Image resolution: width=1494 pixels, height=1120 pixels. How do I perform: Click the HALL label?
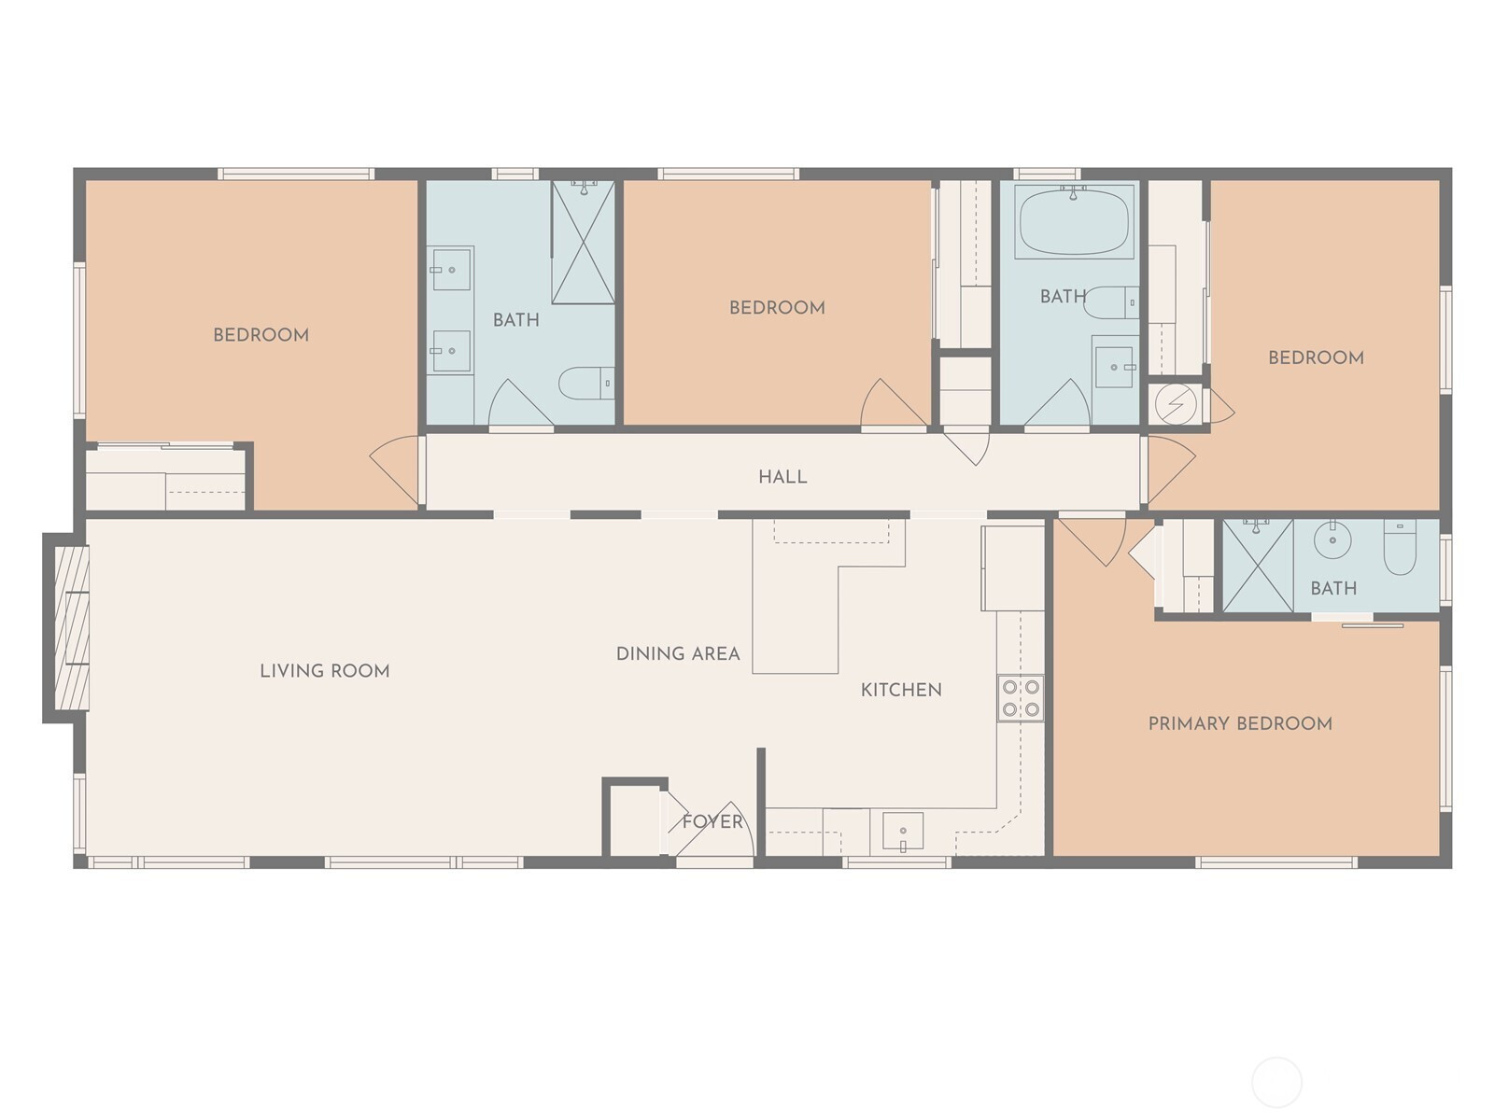click(782, 477)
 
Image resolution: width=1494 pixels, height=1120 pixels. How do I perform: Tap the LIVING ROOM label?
click(325, 671)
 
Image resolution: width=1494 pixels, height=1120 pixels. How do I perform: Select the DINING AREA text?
click(678, 654)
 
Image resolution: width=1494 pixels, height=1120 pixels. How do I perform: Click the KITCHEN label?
click(901, 691)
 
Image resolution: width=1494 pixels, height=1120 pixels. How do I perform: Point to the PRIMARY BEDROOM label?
click(1240, 723)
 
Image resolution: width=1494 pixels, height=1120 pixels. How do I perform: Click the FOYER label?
click(712, 821)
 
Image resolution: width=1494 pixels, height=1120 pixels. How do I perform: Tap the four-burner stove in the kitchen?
click(1021, 698)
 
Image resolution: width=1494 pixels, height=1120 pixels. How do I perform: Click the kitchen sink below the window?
click(903, 832)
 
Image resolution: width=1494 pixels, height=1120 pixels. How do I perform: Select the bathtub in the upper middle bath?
click(1074, 221)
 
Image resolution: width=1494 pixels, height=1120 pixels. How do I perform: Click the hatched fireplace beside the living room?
click(72, 628)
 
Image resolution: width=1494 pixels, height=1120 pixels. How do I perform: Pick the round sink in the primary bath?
click(1332, 540)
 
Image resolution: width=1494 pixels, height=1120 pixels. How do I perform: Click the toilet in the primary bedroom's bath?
click(1400, 547)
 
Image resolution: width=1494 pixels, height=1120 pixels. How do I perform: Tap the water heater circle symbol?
click(1177, 404)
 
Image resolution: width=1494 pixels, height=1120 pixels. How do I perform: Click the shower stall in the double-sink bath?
click(584, 242)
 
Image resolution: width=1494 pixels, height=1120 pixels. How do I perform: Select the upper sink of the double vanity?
click(450, 270)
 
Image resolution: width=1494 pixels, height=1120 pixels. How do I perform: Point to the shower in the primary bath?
click(1258, 566)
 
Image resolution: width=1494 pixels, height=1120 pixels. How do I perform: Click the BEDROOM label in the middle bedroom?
click(777, 308)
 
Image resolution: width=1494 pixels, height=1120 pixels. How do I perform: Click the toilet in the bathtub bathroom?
click(1112, 302)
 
